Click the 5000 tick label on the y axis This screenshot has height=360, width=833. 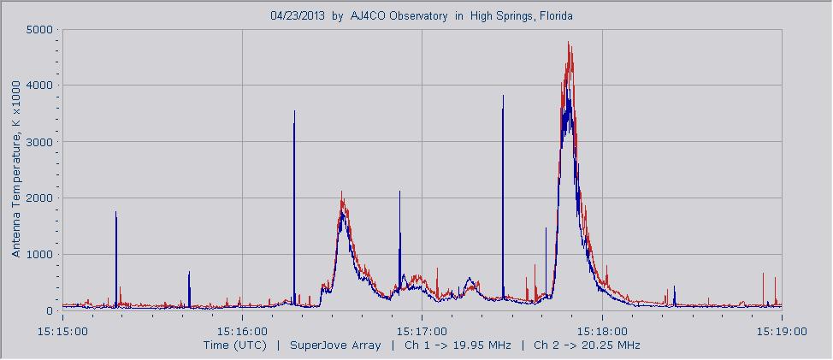click(39, 29)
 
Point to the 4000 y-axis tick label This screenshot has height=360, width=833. click(39, 86)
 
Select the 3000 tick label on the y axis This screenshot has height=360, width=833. click(39, 142)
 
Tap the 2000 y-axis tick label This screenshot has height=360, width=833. click(39, 198)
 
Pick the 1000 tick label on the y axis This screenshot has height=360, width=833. click(39, 255)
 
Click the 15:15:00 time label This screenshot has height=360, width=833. click(62, 330)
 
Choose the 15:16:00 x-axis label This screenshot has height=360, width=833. click(242, 330)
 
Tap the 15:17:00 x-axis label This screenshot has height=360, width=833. click(422, 330)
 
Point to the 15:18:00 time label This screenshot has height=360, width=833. click(602, 330)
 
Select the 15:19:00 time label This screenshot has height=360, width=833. click(781, 330)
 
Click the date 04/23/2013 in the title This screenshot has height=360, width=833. click(298, 15)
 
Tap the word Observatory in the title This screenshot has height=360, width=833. click(417, 15)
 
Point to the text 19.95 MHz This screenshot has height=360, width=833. click(481, 345)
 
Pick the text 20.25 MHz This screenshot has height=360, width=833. click(610, 345)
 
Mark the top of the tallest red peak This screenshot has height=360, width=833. click(569, 43)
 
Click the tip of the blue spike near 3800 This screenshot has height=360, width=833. click(503, 96)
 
